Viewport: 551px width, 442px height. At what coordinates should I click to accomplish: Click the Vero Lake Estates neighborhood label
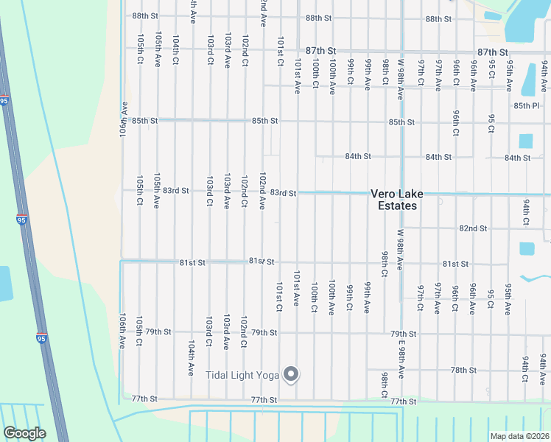397,200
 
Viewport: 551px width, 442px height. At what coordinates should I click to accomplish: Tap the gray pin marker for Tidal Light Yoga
291,375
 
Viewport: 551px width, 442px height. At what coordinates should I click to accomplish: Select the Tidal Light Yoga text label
242,376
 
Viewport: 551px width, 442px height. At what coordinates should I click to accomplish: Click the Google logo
24,433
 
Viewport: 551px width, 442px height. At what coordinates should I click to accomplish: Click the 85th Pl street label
527,106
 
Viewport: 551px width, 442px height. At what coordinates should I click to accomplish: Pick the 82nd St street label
473,228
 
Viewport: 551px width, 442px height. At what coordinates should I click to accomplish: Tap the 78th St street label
464,370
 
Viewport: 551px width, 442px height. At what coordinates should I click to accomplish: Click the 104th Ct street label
175,50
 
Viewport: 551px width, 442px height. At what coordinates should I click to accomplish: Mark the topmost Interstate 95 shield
4,99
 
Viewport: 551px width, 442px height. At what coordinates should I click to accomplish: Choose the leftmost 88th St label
145,16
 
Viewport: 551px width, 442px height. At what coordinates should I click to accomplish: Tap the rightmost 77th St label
404,401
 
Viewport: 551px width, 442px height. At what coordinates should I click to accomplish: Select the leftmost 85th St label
145,121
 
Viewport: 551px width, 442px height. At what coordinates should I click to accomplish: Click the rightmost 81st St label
455,264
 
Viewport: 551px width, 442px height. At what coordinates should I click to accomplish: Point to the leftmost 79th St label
158,332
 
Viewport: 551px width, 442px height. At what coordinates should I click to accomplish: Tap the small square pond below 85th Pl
525,141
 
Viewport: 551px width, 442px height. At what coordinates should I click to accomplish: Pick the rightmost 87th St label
492,52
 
